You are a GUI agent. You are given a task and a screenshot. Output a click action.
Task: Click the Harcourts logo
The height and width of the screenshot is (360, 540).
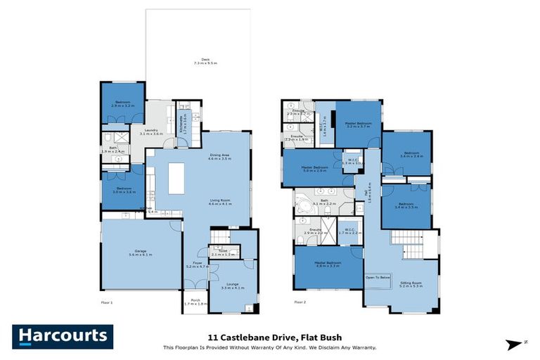(x=62, y=336)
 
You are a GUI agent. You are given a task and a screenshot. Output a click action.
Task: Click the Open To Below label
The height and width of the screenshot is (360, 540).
(x=378, y=278)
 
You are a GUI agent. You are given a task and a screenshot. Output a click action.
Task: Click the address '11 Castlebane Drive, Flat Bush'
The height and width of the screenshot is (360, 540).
(x=270, y=336)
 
